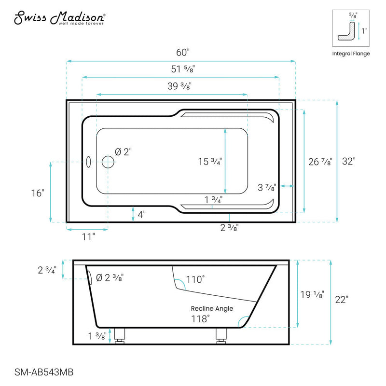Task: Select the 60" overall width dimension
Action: click(x=181, y=52)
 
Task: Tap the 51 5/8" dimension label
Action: click(x=181, y=69)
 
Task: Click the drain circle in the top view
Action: click(x=108, y=162)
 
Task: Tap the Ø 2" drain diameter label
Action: click(x=123, y=152)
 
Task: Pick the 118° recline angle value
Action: click(x=200, y=318)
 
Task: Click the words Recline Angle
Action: click(x=212, y=308)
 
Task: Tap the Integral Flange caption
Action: click(x=351, y=54)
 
